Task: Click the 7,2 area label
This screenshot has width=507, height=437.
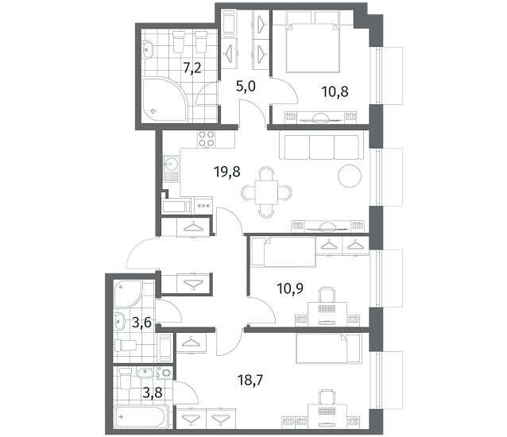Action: tap(192, 68)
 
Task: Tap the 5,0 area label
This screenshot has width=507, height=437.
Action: tap(246, 87)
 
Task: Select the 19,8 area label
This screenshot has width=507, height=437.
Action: tap(227, 172)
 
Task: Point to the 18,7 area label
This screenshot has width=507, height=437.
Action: tap(250, 380)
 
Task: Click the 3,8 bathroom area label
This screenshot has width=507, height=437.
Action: tap(153, 393)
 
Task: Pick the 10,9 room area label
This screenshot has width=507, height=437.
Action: tap(290, 288)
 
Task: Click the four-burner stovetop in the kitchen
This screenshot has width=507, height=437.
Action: tap(207, 139)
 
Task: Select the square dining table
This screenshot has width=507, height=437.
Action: tap(266, 192)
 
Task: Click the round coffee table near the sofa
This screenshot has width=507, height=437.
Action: tap(350, 176)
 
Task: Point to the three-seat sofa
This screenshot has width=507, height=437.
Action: tap(321, 147)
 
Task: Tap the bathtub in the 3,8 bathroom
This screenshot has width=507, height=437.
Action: tap(141, 416)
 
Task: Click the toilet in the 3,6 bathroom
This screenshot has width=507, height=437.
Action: tap(126, 346)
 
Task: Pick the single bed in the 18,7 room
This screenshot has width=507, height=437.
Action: tap(328, 349)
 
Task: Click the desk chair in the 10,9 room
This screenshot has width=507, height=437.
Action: tap(327, 295)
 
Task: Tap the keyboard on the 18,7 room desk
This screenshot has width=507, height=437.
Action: tap(327, 411)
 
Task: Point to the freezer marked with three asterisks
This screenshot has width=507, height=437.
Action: tap(203, 205)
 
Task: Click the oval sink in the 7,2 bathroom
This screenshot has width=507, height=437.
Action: tap(149, 50)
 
